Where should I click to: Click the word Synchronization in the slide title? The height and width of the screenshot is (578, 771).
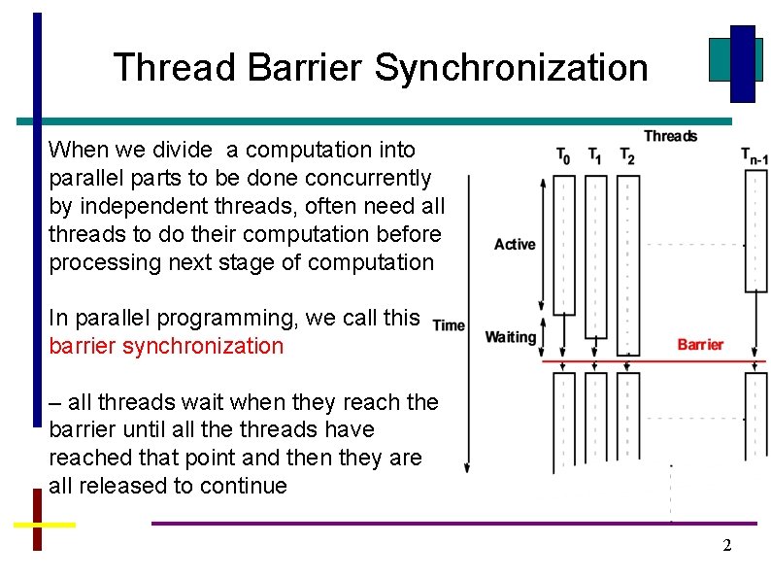511,68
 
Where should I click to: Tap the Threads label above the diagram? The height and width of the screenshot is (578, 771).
670,136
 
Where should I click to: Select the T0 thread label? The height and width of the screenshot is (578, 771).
563,156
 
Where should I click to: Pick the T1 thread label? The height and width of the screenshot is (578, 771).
595,156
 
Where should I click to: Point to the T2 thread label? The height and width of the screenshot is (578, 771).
627,156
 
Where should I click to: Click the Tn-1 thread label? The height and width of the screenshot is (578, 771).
754,156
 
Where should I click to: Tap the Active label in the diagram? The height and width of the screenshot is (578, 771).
515,244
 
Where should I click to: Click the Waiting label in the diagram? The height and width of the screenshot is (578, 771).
511,337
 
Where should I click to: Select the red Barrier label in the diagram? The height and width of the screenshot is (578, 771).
700,345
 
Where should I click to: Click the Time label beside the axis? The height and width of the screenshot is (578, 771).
449,325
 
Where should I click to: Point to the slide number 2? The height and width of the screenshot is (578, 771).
726,546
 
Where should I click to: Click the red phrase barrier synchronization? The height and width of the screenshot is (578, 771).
166,347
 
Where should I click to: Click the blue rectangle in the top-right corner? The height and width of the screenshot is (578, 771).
743,63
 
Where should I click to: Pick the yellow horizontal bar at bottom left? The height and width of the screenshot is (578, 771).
45,524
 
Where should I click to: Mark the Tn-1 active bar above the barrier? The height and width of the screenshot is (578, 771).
755,233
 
